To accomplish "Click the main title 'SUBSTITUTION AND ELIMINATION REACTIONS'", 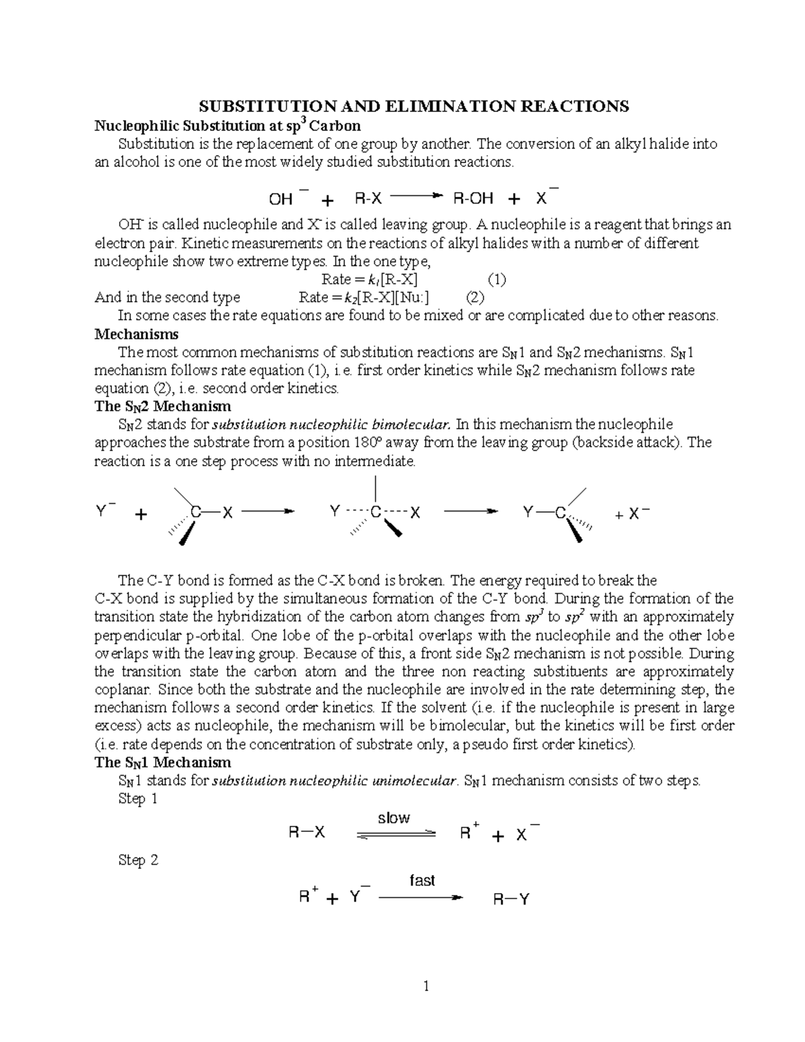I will (x=412, y=106).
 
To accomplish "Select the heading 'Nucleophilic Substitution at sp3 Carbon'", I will (x=227, y=125).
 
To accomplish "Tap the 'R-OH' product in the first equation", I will (x=473, y=199).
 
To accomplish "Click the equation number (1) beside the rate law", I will (x=496, y=279).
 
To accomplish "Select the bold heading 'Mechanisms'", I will (x=136, y=333).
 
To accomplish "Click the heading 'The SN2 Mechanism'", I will (x=163, y=406).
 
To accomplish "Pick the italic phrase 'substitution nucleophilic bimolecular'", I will (x=331, y=425).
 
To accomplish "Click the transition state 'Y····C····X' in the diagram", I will (x=375, y=513).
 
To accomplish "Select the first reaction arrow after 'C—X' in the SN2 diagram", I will (x=268, y=512).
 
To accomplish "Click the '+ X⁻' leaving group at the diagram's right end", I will (x=631, y=514).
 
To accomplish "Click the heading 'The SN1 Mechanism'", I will (x=163, y=762).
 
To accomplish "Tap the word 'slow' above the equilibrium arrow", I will (x=394, y=818).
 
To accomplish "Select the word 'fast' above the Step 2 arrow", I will (x=422, y=880).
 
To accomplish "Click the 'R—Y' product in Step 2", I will (x=511, y=899).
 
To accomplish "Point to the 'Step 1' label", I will (x=138, y=798).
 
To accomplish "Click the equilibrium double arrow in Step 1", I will (x=395, y=834).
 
